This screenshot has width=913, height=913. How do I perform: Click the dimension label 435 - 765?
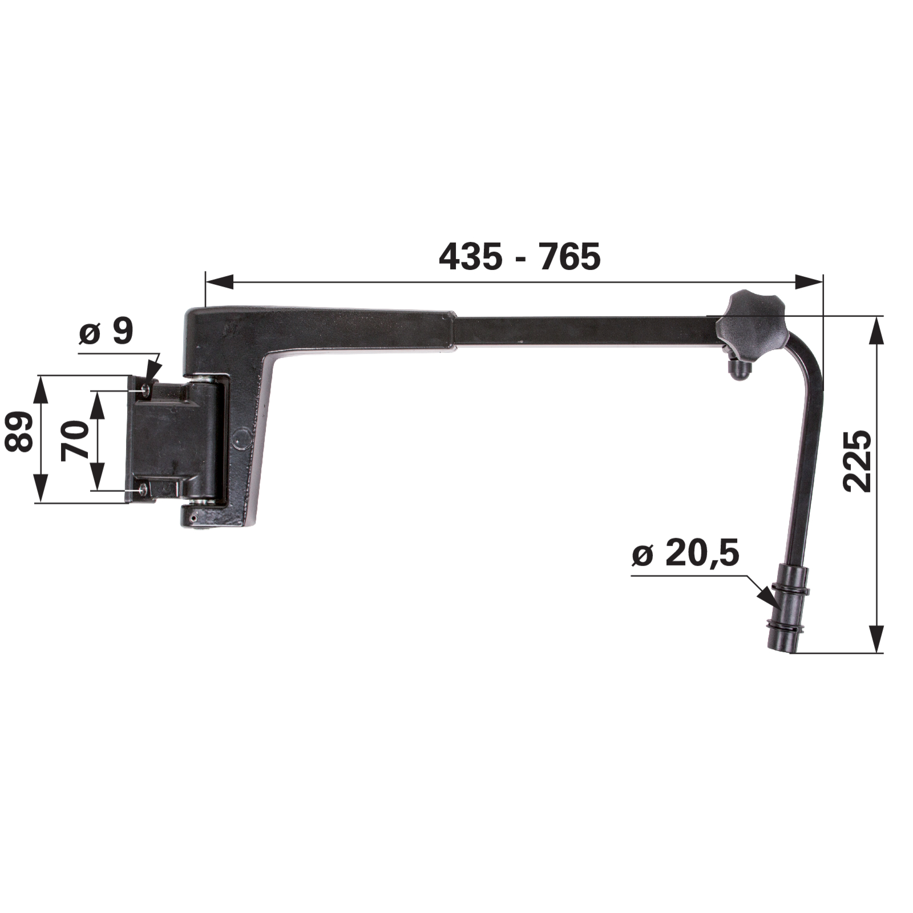coord(520,256)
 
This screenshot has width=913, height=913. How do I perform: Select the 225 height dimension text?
coord(857,462)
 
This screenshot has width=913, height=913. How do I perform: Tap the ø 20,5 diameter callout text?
coord(685,554)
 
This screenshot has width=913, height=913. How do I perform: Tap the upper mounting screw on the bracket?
coord(147,389)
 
